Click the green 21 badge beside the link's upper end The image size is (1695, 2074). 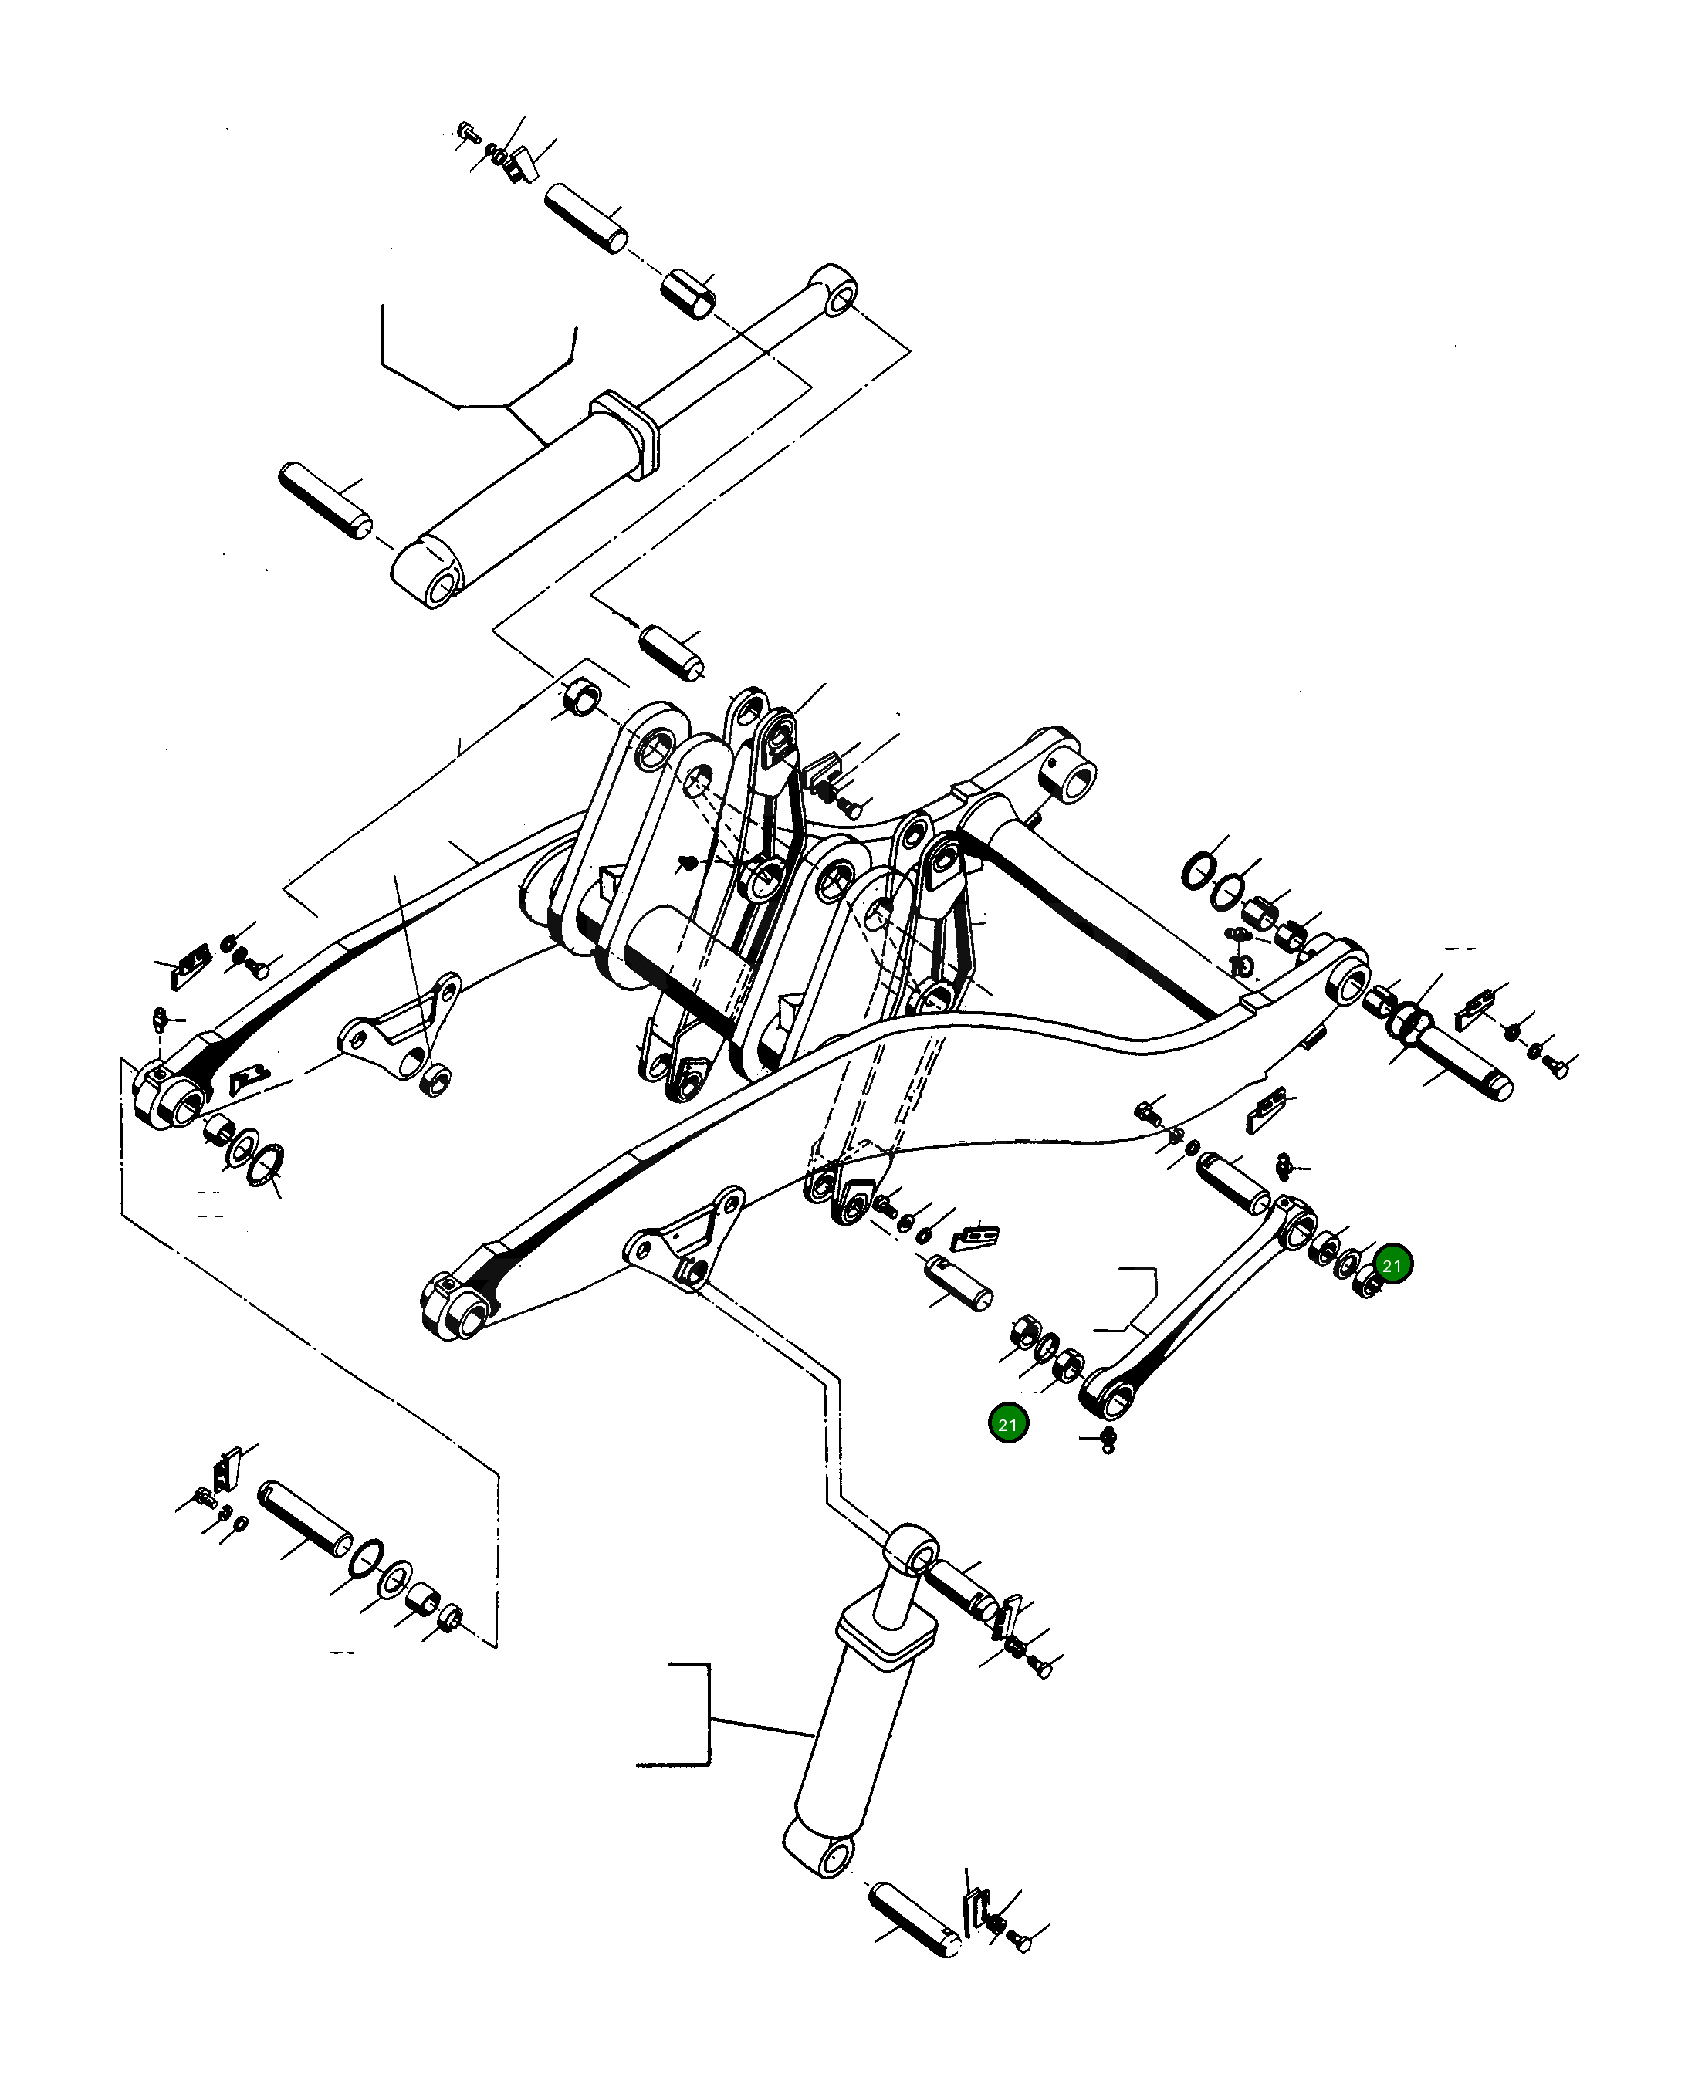point(1392,1266)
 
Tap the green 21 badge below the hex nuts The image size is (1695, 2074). point(1007,1425)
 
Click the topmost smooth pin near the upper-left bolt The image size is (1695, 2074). point(586,218)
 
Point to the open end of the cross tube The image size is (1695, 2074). point(1076,780)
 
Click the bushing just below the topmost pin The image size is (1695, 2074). point(689,294)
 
